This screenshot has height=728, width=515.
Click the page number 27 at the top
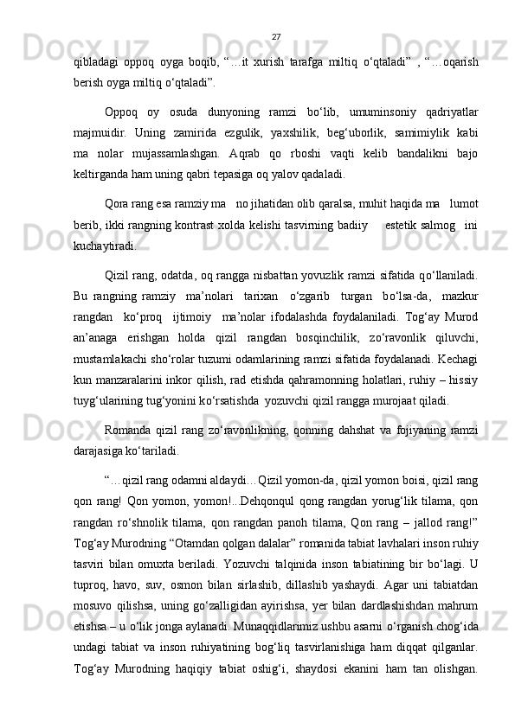click(275, 36)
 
